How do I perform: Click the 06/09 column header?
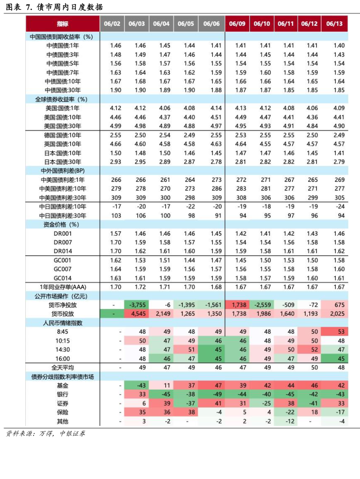(x=237, y=24)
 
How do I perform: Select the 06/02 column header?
(x=112, y=24)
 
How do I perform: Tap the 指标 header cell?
(x=62, y=24)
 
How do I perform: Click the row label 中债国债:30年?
(x=62, y=90)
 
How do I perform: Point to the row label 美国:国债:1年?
(x=62, y=108)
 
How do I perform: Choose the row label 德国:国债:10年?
(x=62, y=135)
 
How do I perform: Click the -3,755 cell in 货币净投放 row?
(x=138, y=305)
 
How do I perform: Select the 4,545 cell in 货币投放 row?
(x=138, y=314)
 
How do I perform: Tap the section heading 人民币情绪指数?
(x=62, y=322)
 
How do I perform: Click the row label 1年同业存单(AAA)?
(x=62, y=287)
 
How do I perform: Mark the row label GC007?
(x=62, y=269)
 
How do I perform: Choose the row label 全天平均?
(x=62, y=367)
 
